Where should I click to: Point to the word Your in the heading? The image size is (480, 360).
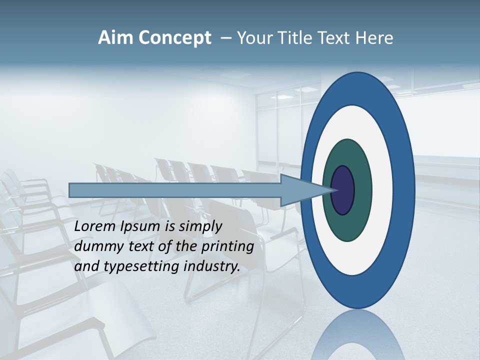252,38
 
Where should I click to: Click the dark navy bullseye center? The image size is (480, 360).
343,190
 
